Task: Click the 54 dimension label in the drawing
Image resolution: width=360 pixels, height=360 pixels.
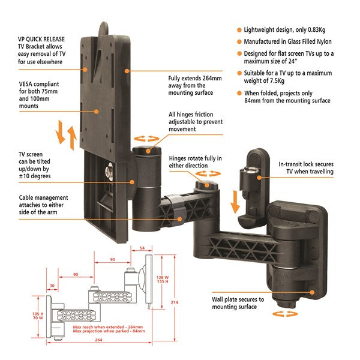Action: [142, 247]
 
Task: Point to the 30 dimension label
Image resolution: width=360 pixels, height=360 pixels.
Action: [52, 286]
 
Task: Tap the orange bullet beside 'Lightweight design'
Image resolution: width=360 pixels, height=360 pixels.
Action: [239, 29]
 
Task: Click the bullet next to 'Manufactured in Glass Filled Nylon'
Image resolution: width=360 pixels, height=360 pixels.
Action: [239, 42]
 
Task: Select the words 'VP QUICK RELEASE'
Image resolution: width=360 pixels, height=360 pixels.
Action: [42, 40]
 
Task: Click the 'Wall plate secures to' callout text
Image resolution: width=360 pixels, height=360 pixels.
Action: [237, 299]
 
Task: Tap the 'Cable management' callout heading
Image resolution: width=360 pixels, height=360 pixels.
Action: [43, 197]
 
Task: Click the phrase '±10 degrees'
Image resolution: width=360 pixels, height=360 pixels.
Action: [39, 176]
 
